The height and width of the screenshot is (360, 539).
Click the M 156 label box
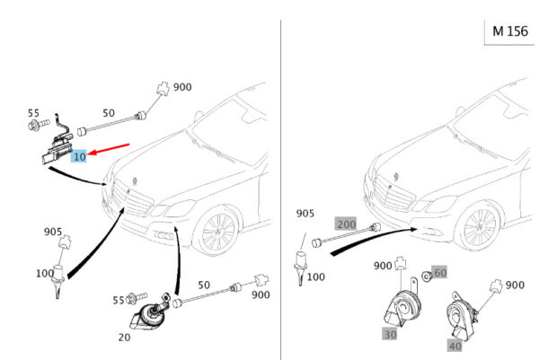(509, 31)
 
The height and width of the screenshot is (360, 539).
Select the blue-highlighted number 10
(79, 156)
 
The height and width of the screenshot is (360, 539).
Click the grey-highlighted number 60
(439, 272)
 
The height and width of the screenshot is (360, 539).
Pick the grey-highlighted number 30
(390, 334)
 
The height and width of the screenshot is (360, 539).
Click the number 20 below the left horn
(123, 337)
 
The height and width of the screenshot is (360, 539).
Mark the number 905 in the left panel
(54, 232)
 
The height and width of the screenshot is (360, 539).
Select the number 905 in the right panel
(306, 214)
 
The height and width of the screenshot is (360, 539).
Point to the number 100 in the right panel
(315, 277)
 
